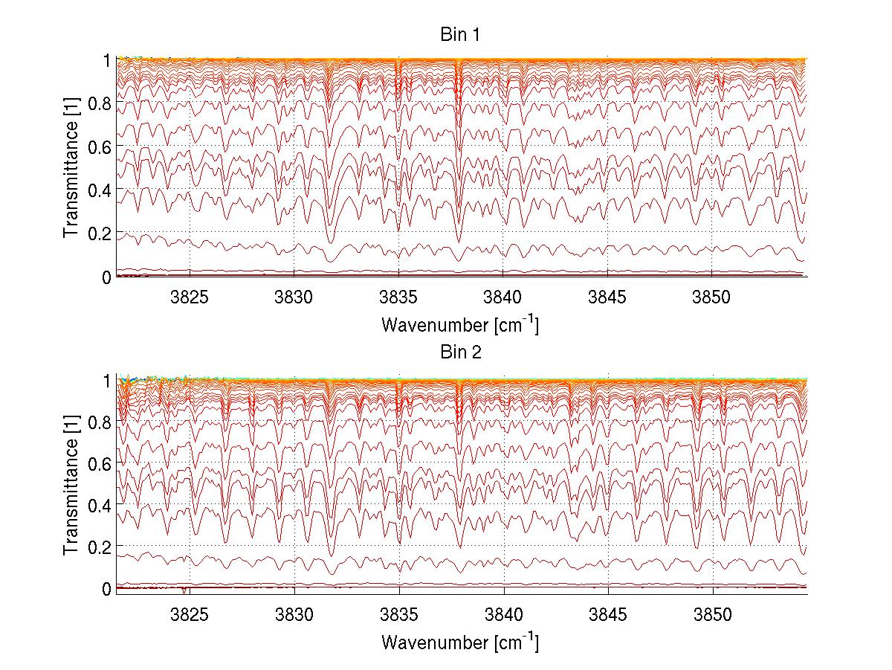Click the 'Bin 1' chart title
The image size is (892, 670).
[460, 35]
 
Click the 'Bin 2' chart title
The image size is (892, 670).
[460, 352]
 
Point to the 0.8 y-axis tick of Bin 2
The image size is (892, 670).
[100, 422]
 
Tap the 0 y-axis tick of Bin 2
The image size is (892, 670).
[107, 589]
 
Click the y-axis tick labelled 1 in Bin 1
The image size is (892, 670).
[107, 60]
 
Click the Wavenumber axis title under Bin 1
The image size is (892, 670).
[460, 324]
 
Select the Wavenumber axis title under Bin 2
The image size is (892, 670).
[460, 641]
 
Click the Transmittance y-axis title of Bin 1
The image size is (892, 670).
[71, 167]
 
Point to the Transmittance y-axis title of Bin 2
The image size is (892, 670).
[71, 485]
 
